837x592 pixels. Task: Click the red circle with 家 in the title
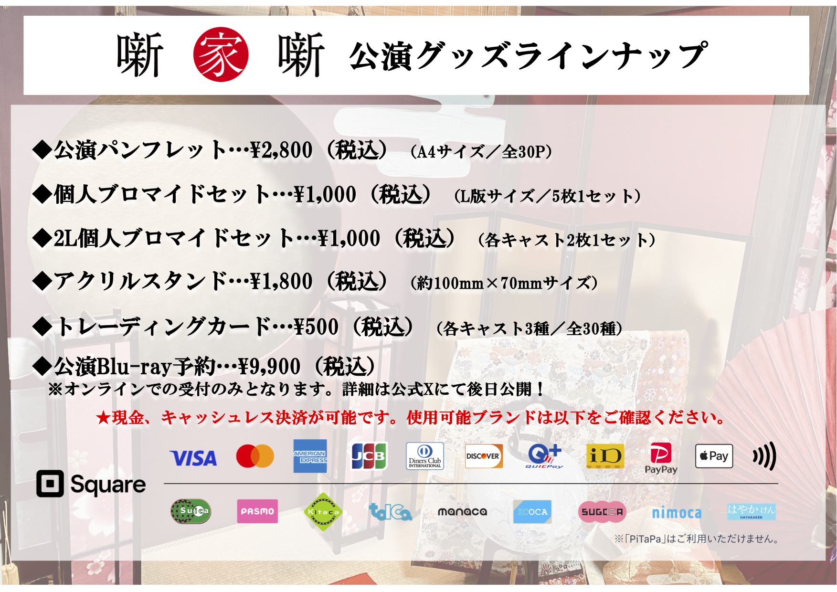[x=221, y=54]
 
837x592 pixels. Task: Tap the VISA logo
[x=193, y=458]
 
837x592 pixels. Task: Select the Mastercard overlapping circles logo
[x=255, y=456]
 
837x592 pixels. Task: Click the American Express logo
[x=310, y=456]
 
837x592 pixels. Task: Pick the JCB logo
[x=369, y=456]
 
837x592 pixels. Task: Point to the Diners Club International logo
[x=424, y=456]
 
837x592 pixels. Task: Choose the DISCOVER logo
[x=483, y=456]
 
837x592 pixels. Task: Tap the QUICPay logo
[x=544, y=456]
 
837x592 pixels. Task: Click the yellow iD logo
[x=605, y=456]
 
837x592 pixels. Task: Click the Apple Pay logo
[x=714, y=456]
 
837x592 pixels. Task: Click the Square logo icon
[x=50, y=484]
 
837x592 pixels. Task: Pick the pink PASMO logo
[x=257, y=511]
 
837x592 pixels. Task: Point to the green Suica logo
[x=191, y=511]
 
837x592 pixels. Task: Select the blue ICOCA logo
[x=532, y=512]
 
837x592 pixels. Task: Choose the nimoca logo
[x=677, y=513]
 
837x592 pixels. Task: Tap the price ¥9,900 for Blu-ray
[x=269, y=367]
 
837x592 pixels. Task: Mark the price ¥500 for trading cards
[x=317, y=327]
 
